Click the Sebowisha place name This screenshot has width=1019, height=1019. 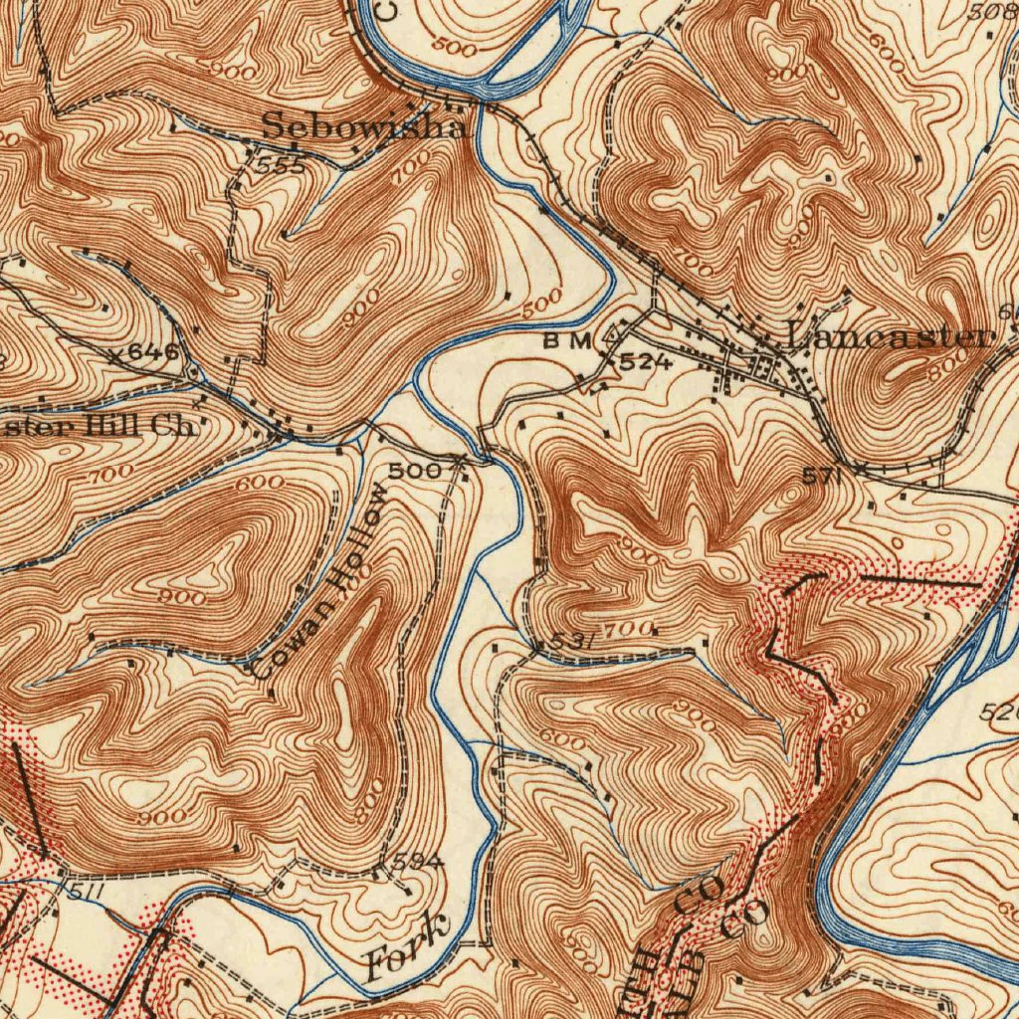click(x=364, y=127)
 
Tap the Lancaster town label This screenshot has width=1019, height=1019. click(x=890, y=336)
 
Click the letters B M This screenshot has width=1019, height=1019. click(x=567, y=341)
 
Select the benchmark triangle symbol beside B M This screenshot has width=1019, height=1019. click(x=611, y=339)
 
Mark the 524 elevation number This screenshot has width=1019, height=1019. click(x=646, y=363)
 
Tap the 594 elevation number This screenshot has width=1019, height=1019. click(x=412, y=860)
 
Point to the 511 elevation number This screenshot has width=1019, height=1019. click(x=87, y=892)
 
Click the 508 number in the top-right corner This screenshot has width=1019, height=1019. click(x=991, y=13)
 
